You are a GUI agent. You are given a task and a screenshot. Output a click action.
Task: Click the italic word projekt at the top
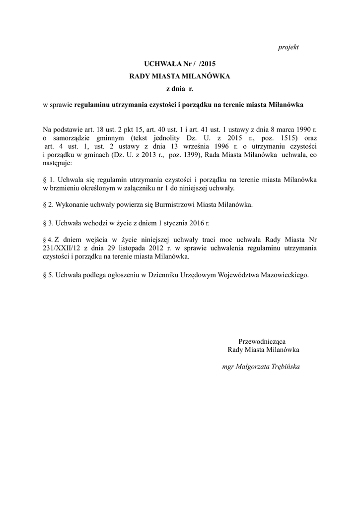point(288,47)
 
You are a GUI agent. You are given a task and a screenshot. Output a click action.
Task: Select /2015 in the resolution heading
point(207,64)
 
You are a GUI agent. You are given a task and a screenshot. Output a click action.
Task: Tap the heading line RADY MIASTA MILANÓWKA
point(180,76)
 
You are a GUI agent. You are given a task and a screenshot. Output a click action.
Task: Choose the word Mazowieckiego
point(283,274)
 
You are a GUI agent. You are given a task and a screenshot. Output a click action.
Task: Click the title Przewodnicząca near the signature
point(262,341)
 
